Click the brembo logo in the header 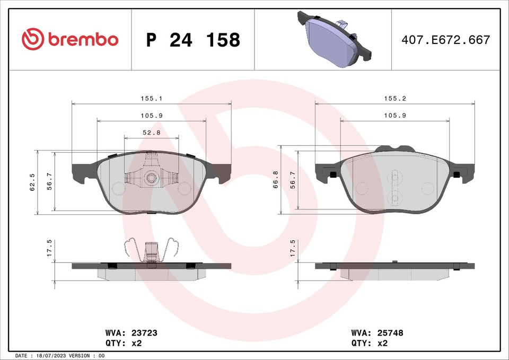70,39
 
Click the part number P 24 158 193,40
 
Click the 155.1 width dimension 152,99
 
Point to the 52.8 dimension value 152,133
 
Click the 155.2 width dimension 395,99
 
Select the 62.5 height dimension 32,182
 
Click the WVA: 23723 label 132,333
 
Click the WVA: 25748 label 377,333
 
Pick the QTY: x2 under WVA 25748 370,343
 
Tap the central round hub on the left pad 152,178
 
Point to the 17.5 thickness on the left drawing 49,248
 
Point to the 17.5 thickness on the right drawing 293,248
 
